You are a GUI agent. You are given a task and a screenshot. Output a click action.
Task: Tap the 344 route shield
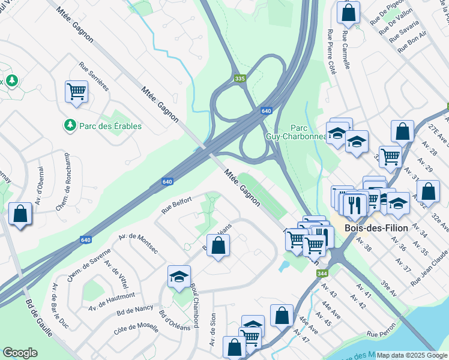coord(322,274)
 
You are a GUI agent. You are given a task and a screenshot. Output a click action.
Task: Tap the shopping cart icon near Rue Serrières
coord(76,92)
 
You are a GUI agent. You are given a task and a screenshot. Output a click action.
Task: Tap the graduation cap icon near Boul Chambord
coord(179,276)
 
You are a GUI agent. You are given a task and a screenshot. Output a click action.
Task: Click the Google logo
coord(20,353)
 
